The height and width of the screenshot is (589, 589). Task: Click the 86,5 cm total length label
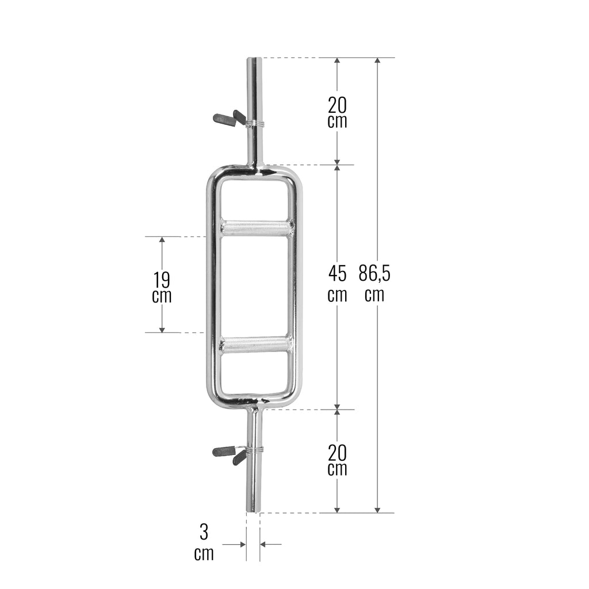[x=374, y=283]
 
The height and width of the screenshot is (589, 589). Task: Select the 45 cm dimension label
[x=337, y=283]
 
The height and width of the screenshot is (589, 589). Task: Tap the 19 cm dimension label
[x=162, y=287]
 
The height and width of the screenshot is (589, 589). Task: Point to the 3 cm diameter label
[x=204, y=542]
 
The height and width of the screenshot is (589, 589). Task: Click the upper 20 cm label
[x=337, y=112]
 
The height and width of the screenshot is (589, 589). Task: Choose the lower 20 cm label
[x=337, y=460]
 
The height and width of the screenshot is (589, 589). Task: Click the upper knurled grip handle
[x=257, y=228]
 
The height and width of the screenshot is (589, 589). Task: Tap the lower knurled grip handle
[x=257, y=344]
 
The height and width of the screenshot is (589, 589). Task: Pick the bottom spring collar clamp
[x=238, y=453]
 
